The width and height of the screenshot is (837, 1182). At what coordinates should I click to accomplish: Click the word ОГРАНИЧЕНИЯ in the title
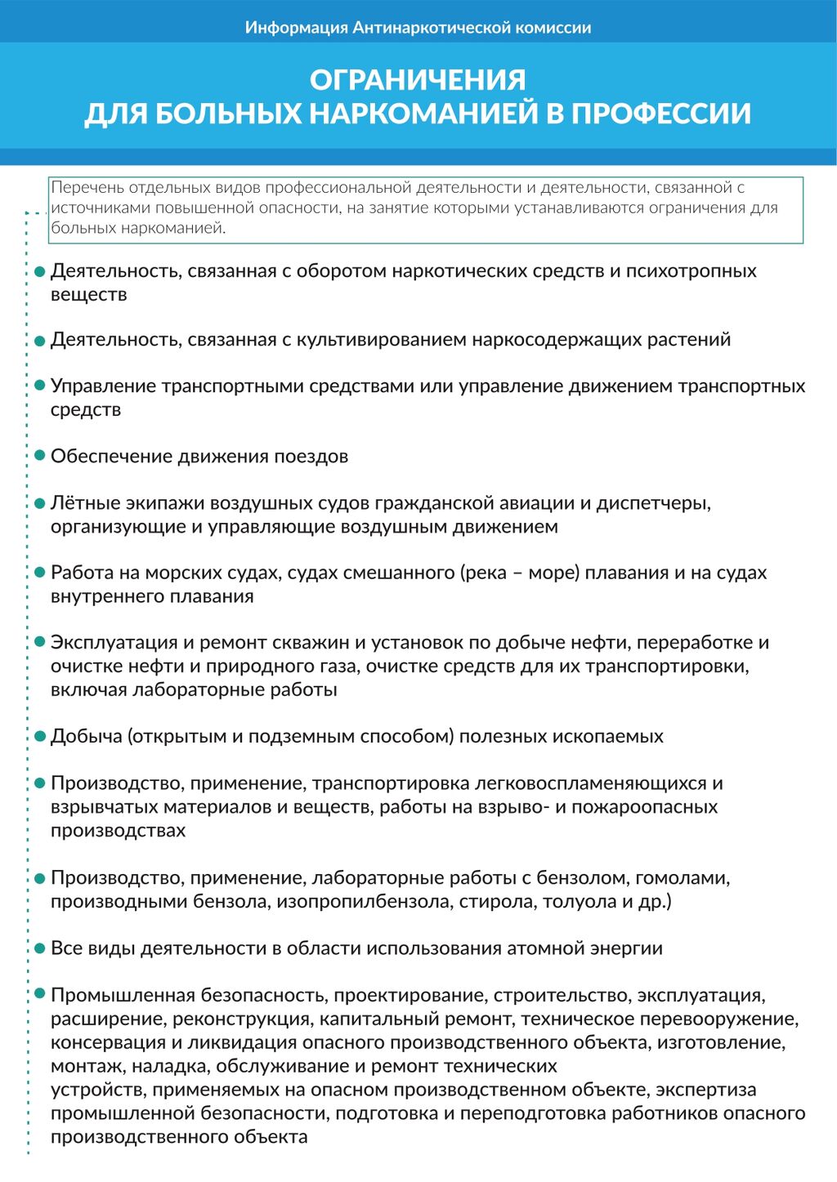418,79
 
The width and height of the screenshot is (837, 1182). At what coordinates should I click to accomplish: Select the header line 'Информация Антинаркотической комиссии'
418,28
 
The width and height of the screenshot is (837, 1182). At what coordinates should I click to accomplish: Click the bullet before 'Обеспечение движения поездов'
39,457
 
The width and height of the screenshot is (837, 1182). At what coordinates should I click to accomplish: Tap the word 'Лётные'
79,503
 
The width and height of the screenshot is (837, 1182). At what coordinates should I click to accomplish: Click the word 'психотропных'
691,271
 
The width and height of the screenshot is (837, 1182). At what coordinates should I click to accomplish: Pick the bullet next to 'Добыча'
39,737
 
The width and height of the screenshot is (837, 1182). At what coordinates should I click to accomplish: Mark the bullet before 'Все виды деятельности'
39,949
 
